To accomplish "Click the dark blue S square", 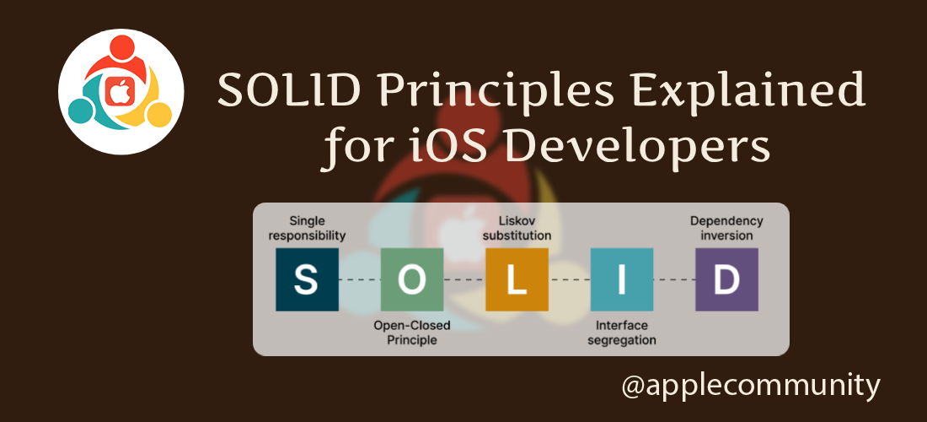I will click(x=307, y=279).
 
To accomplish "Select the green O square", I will click(x=412, y=279).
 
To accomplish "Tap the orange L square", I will click(x=517, y=279).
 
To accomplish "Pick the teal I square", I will click(x=622, y=279).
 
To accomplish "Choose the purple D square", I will click(x=726, y=279).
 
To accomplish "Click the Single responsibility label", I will click(x=307, y=228).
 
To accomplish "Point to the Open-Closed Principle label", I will click(x=412, y=332).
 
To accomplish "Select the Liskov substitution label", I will click(x=517, y=228).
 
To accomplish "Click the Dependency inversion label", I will click(x=726, y=228).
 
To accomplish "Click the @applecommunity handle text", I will click(x=750, y=386).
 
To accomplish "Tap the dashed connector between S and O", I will click(x=359, y=279).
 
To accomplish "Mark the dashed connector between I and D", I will click(x=674, y=279).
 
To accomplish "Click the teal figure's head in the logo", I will click(x=81, y=110).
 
